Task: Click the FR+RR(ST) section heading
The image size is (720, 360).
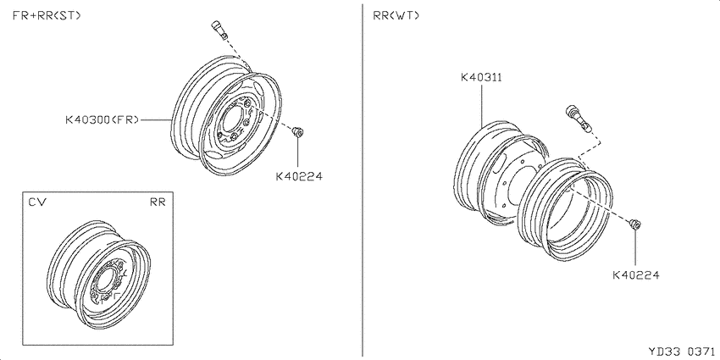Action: [x=47, y=15]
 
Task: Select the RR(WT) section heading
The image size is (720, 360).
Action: [x=396, y=15]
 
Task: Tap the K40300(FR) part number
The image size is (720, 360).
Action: [x=102, y=120]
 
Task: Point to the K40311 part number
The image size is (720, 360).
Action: [x=481, y=77]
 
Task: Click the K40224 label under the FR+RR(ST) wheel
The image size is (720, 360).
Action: [x=299, y=176]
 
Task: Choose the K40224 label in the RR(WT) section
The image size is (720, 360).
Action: [x=636, y=275]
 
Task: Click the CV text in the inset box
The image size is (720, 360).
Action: [x=36, y=202]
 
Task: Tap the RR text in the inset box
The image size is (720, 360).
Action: [x=158, y=202]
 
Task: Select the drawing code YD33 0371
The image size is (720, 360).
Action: [x=681, y=352]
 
